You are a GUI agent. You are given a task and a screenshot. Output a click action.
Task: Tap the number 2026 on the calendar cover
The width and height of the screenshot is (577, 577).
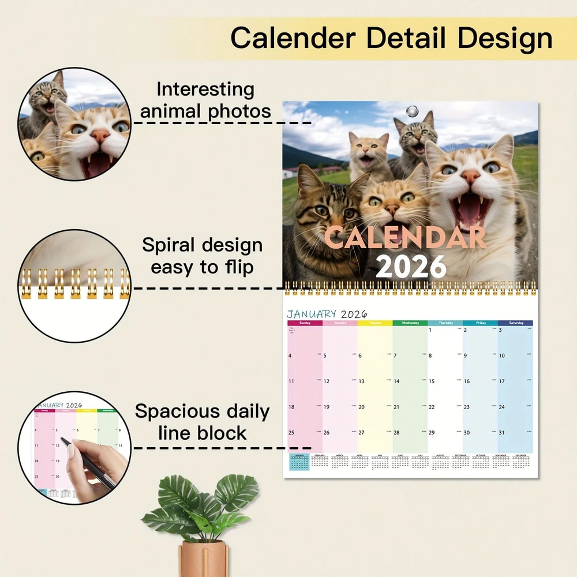(x=411, y=266)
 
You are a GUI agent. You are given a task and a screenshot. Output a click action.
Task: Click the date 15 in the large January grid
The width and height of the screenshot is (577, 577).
(x=432, y=381)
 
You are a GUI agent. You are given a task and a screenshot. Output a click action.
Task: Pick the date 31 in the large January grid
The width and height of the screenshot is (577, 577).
(x=502, y=433)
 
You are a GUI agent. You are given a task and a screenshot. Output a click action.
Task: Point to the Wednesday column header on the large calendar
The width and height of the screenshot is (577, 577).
(x=410, y=323)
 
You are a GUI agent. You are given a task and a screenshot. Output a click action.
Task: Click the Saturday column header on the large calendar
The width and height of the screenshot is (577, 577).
(x=515, y=323)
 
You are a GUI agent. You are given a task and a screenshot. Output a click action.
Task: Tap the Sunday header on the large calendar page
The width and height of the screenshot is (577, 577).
(x=305, y=323)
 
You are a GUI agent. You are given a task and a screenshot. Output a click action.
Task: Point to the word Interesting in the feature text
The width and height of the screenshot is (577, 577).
(x=205, y=89)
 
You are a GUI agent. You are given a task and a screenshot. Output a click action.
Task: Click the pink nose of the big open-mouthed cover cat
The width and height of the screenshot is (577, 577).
(x=471, y=177)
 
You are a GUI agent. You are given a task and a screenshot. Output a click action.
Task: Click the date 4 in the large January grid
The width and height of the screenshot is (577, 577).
(x=290, y=355)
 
